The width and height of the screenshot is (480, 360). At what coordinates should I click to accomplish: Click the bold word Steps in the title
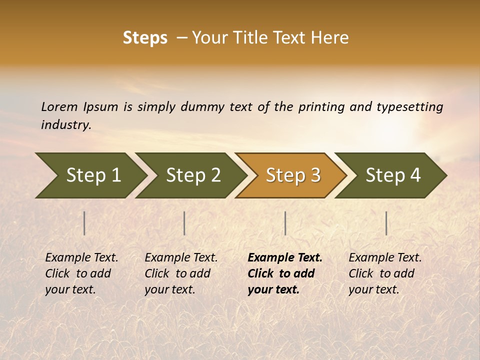tap(145, 38)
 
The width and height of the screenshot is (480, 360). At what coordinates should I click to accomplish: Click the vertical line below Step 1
tap(84, 223)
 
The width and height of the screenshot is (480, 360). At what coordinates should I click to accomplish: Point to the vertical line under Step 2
tap(184, 223)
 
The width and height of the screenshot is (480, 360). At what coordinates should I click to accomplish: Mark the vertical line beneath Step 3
tap(285, 223)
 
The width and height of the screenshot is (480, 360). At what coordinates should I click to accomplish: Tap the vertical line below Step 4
tap(386, 223)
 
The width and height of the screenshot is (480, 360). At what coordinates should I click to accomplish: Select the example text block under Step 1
tap(81, 273)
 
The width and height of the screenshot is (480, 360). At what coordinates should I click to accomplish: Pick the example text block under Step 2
tap(181, 273)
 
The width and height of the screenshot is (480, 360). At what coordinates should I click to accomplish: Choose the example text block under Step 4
tap(385, 273)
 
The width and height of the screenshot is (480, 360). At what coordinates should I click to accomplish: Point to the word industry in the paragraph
tap(66, 125)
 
